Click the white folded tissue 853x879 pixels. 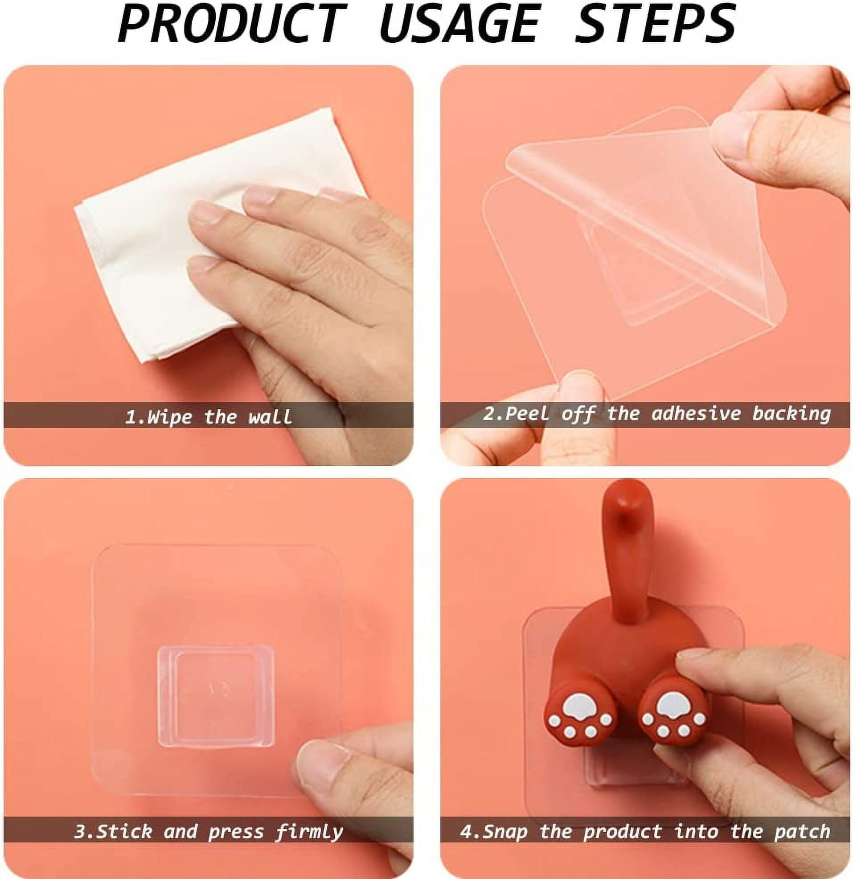(x=193, y=233)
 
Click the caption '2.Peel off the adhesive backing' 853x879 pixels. (x=656, y=414)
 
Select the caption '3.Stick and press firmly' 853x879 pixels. (x=208, y=819)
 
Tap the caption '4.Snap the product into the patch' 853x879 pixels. (x=645, y=819)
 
